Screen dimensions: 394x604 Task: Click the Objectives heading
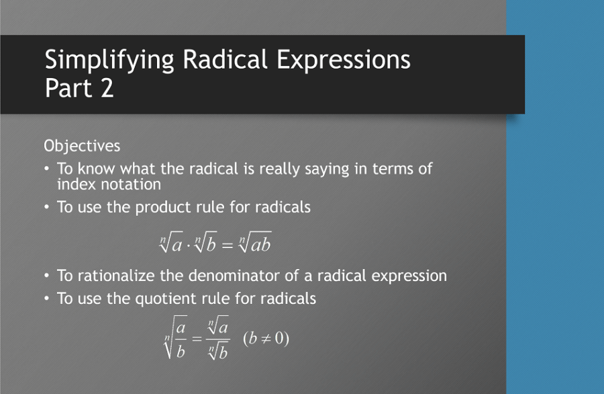(x=82, y=145)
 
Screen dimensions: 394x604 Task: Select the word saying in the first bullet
(x=327, y=169)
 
